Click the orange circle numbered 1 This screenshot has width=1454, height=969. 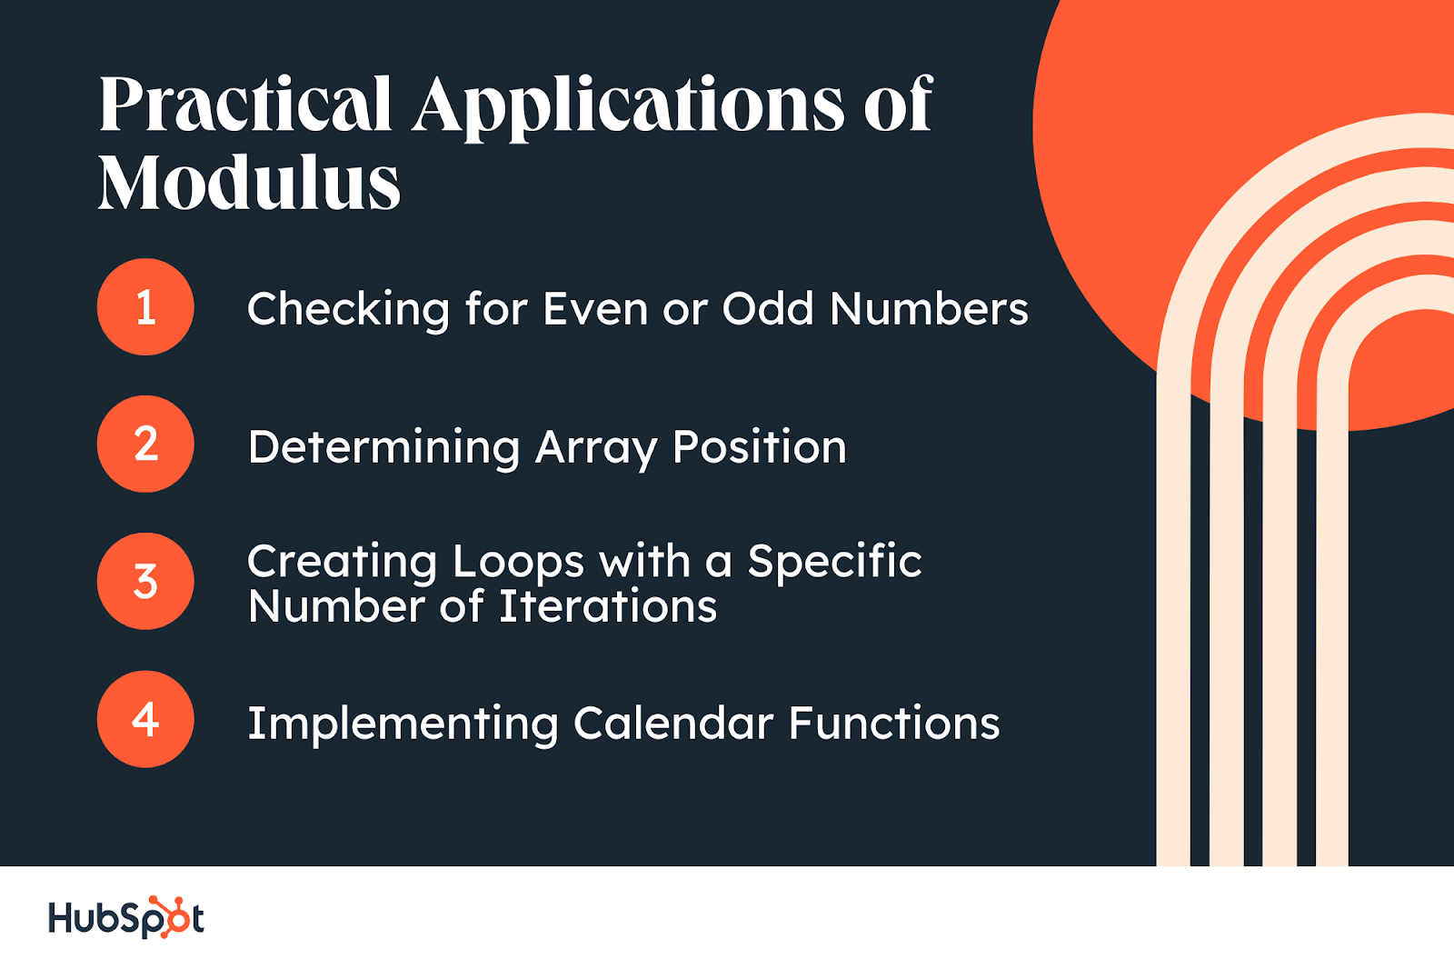pos(145,306)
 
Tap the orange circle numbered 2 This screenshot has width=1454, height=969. pos(145,444)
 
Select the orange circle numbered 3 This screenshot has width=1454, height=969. pos(145,581)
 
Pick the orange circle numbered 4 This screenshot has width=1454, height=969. pos(145,719)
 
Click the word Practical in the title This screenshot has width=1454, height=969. pos(245,104)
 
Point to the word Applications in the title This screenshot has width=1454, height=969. pos(629,107)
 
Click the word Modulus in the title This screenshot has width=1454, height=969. pos(249,182)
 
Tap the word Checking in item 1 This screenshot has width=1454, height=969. pos(348,309)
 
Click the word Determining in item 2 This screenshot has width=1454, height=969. pos(383,447)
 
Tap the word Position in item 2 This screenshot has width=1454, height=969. pos(760,447)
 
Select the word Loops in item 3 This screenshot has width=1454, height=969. pos(519,561)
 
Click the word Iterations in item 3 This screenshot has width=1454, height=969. pos(608,606)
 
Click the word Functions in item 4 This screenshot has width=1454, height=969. pos(894,723)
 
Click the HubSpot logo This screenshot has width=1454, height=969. pos(126,917)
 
